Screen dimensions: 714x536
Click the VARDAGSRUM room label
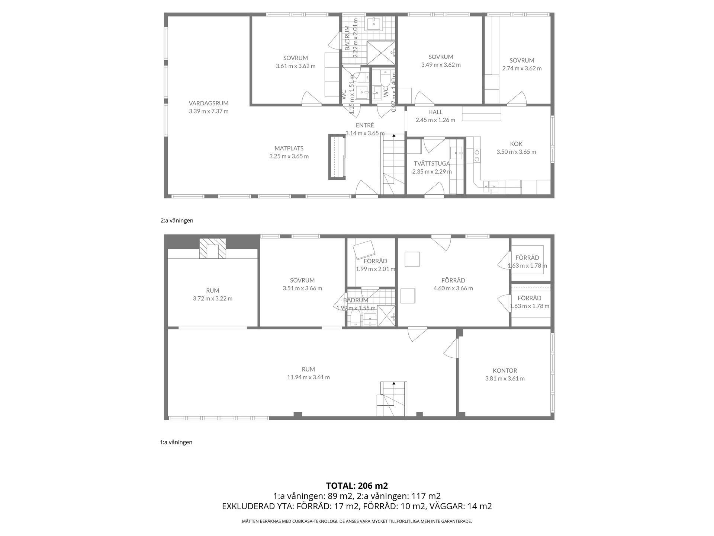(208, 103)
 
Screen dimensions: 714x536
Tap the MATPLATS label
(289, 149)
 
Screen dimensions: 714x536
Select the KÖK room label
(516, 144)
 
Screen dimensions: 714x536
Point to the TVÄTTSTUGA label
(432, 163)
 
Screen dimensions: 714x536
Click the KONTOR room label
(505, 371)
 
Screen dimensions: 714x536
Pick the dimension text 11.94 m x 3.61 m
(308, 377)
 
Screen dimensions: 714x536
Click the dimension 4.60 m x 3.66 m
(453, 288)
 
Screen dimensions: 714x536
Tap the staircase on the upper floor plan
(393, 164)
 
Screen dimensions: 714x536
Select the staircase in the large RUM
(392, 399)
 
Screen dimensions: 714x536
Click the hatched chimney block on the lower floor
(212, 248)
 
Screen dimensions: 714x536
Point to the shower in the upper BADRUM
(381, 53)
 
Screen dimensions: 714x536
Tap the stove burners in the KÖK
(476, 156)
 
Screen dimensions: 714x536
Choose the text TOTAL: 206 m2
(357, 486)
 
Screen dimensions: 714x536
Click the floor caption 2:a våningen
(177, 220)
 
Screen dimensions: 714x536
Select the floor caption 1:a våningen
(176, 442)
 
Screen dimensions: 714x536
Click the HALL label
(435, 112)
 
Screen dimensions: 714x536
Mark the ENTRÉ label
(364, 125)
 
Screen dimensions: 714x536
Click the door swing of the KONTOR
(450, 348)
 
